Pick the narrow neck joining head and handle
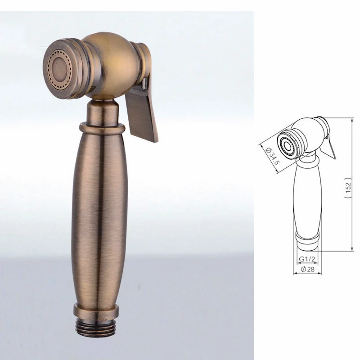pyautogui.click(x=103, y=111)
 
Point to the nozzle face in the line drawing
pyautogui.click(x=284, y=143)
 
